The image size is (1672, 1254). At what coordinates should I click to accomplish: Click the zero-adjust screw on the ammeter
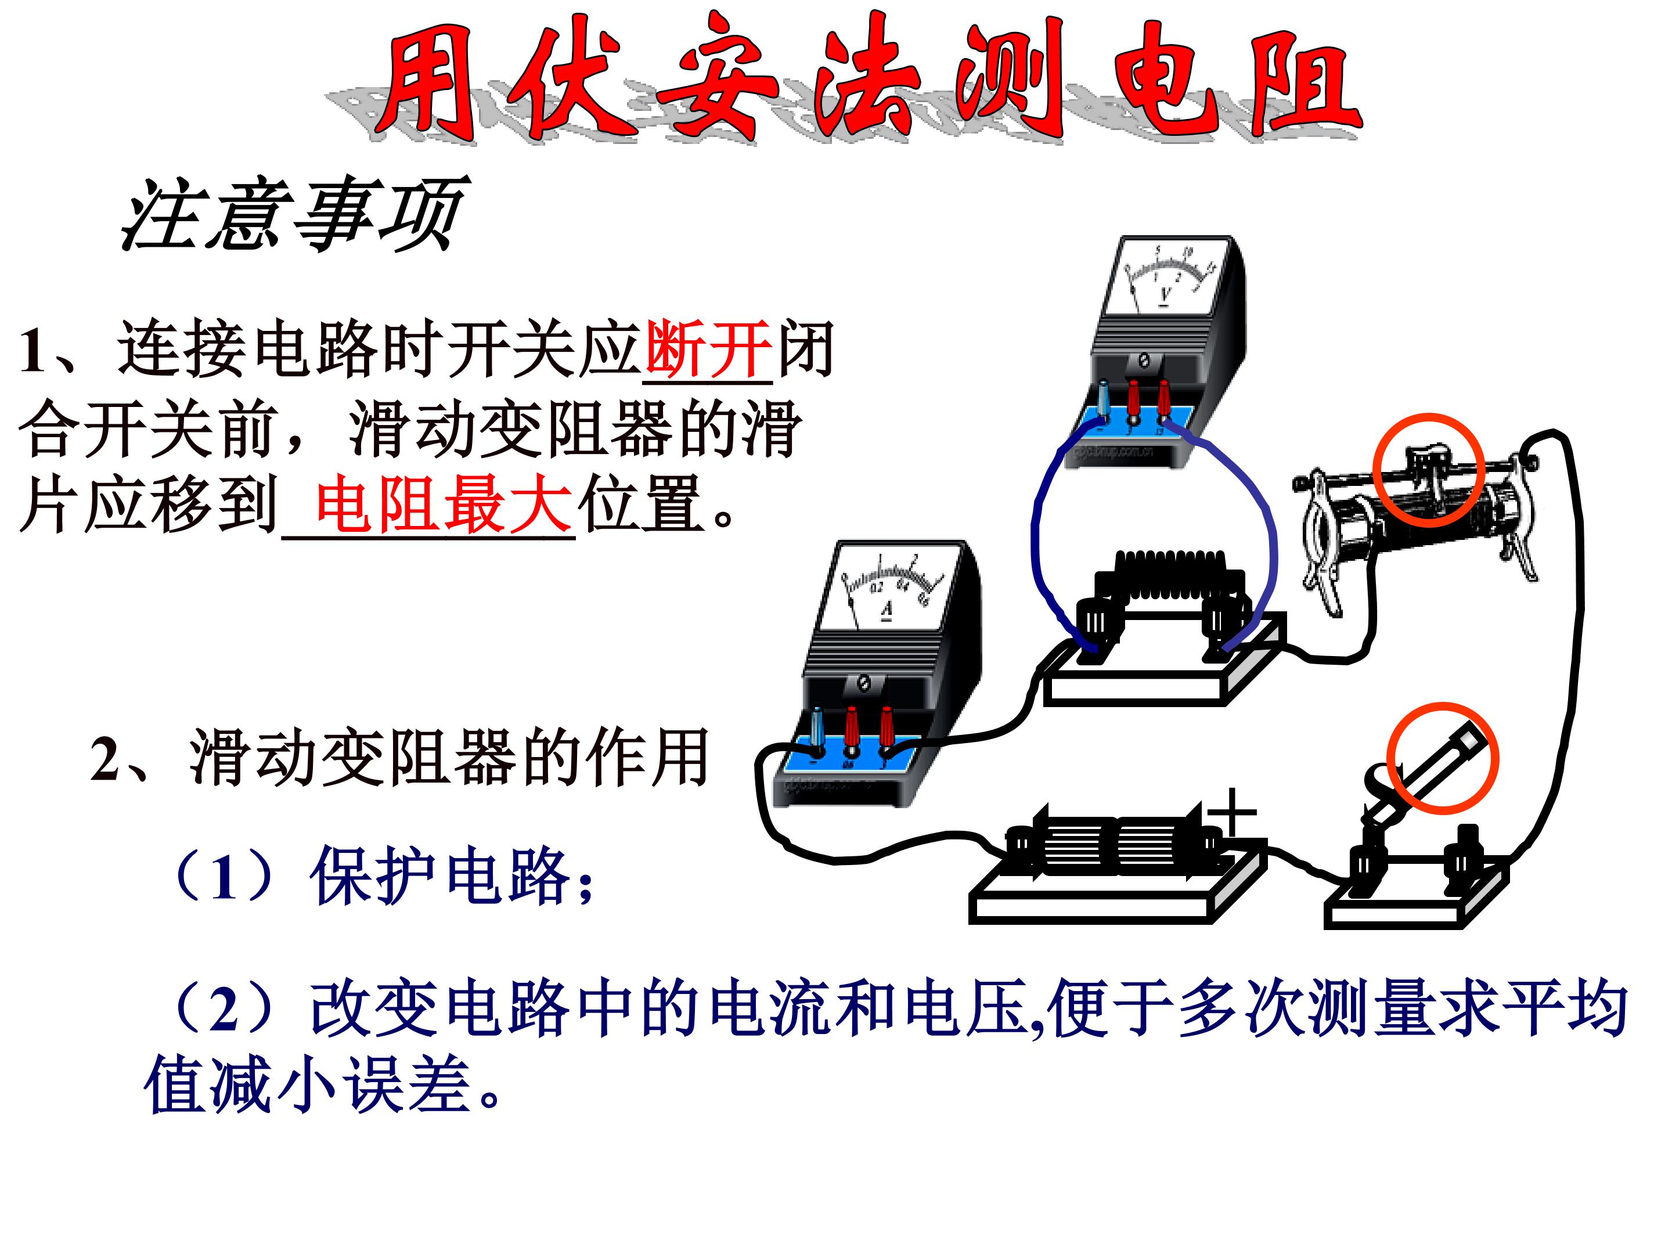864,684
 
